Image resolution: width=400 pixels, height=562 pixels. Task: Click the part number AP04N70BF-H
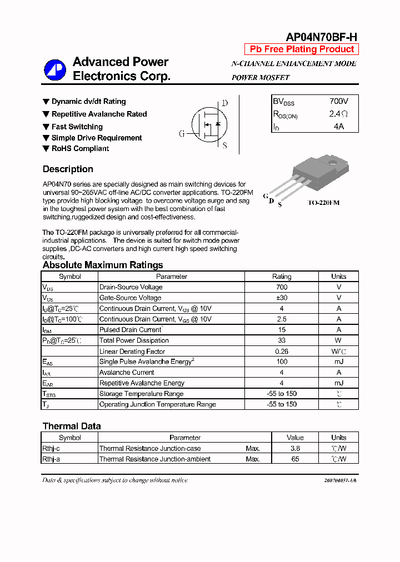tap(321, 37)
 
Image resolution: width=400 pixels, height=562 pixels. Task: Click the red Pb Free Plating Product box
tap(302, 49)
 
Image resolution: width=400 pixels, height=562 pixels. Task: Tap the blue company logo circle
tap(55, 69)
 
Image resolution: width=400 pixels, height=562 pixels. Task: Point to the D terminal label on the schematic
tap(224, 103)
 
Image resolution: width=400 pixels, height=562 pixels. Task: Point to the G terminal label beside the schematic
tap(182, 134)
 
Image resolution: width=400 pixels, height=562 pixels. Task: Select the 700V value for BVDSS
tap(338, 102)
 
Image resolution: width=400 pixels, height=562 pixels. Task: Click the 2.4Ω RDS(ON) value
tap(338, 114)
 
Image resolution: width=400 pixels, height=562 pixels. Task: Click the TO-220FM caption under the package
tap(324, 203)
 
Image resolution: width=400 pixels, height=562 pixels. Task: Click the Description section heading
tap(68, 169)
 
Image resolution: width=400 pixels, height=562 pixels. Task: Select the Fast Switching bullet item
tap(77, 127)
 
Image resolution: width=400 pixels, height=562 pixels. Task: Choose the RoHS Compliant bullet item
tap(80, 149)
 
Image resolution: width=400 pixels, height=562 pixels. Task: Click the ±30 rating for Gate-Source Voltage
tap(281, 298)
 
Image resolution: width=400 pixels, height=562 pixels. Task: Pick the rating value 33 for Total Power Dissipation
tap(281, 340)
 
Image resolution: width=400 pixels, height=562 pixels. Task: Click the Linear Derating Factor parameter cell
tap(132, 352)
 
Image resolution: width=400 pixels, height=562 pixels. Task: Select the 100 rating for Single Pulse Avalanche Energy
tap(281, 362)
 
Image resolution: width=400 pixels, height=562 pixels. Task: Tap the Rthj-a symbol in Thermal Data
tap(51, 459)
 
